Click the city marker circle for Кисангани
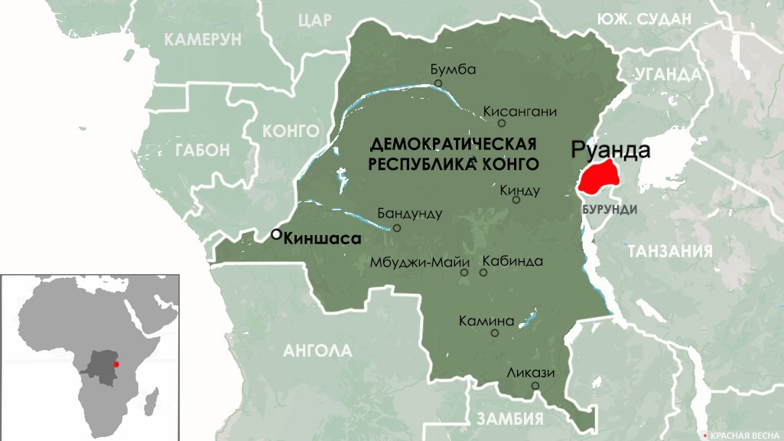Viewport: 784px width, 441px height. pyautogui.click(x=502, y=123)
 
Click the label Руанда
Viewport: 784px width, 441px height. pyautogui.click(x=611, y=150)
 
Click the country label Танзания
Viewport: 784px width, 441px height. pyautogui.click(x=669, y=251)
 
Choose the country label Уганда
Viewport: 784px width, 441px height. pyautogui.click(x=667, y=74)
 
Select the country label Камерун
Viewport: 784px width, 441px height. pyautogui.click(x=203, y=40)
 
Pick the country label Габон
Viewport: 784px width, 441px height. pyautogui.click(x=202, y=150)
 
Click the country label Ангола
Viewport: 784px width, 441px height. pyautogui.click(x=317, y=351)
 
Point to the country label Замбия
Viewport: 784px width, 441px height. pyautogui.click(x=509, y=419)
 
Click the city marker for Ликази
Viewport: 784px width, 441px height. pyautogui.click(x=535, y=385)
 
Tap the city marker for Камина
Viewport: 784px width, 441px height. pyautogui.click(x=495, y=333)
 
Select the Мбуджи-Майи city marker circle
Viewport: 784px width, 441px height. pyautogui.click(x=464, y=273)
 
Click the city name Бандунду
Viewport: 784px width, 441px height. pyautogui.click(x=409, y=214)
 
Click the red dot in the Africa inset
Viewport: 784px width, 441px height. pyautogui.click(x=116, y=364)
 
